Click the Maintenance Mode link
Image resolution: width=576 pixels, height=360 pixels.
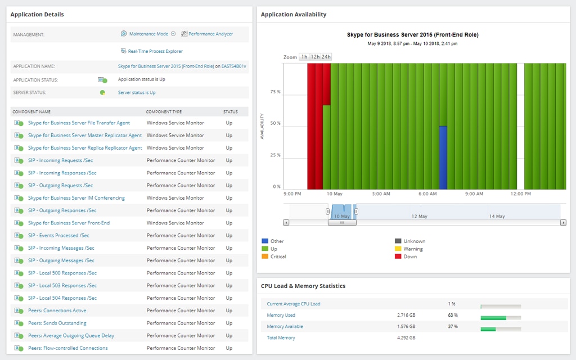pyautogui.click(x=148, y=34)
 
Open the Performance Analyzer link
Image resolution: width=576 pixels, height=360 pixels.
pyautogui.click(x=210, y=34)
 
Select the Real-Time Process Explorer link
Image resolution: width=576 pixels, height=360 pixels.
pyautogui.click(x=155, y=51)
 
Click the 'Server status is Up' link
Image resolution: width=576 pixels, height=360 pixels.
pyautogui.click(x=137, y=93)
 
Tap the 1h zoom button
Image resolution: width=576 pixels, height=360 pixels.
pyautogui.click(x=304, y=57)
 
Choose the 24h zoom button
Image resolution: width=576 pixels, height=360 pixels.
pyautogui.click(x=326, y=57)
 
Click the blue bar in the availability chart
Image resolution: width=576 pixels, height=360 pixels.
pyautogui.click(x=443, y=157)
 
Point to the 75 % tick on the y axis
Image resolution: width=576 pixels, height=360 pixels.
pyautogui.click(x=276, y=92)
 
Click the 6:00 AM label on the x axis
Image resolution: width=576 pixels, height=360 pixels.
pyautogui.click(x=428, y=194)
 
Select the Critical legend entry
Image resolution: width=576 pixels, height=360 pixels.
pyautogui.click(x=278, y=256)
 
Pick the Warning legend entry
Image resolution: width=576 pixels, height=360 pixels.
pyautogui.click(x=413, y=249)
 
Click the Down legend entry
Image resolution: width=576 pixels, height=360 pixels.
pyautogui.click(x=410, y=256)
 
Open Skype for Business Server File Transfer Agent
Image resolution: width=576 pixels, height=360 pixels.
pyautogui.click(x=79, y=123)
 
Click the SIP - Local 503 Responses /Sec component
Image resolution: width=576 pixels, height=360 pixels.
pyautogui.click(x=62, y=286)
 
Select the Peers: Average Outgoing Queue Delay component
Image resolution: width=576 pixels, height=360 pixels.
pyautogui.click(x=71, y=336)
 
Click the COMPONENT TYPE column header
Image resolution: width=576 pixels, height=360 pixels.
pyautogui.click(x=164, y=112)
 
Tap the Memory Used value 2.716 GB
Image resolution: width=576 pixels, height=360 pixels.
pyautogui.click(x=406, y=316)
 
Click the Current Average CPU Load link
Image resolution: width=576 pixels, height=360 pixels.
pyautogui.click(x=294, y=304)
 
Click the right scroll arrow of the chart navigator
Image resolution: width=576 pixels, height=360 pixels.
pyautogui.click(x=563, y=223)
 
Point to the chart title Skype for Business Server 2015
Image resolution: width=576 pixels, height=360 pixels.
pyautogui.click(x=413, y=35)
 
